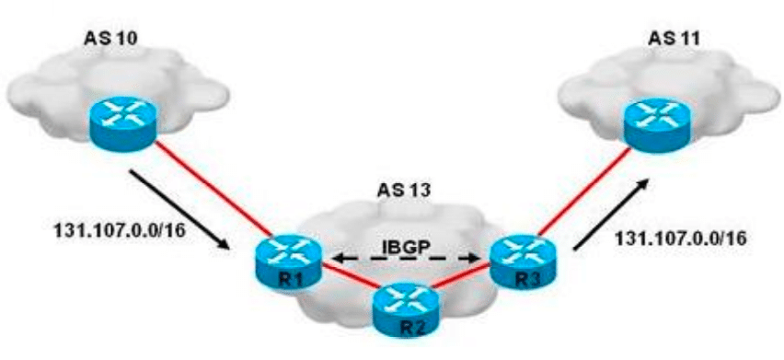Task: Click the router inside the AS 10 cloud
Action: tap(123, 118)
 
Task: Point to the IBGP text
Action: tap(406, 247)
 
